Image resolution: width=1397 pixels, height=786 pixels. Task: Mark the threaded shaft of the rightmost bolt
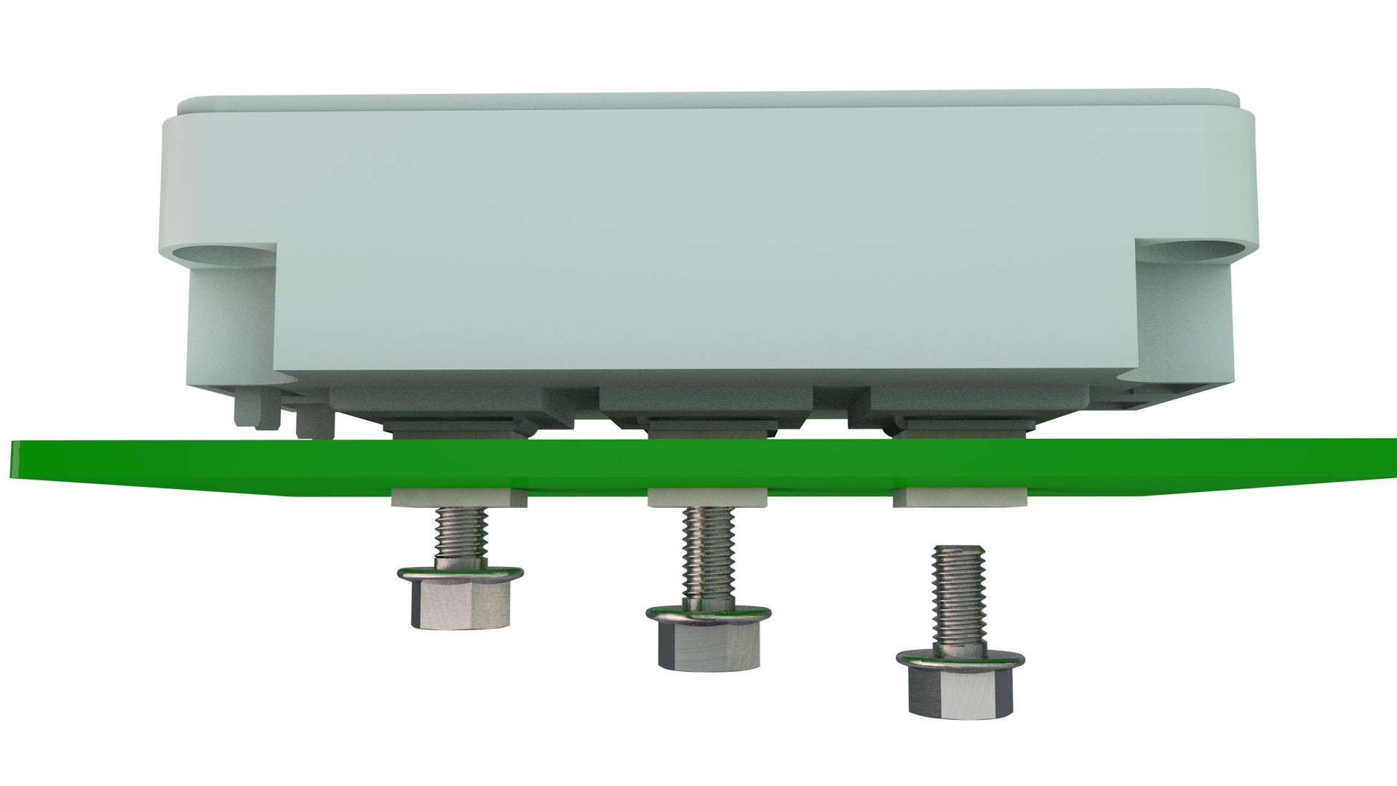[x=960, y=593]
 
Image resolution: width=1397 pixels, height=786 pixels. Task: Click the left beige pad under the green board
[x=458, y=498]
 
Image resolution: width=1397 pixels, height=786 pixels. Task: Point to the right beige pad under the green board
[x=959, y=498]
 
